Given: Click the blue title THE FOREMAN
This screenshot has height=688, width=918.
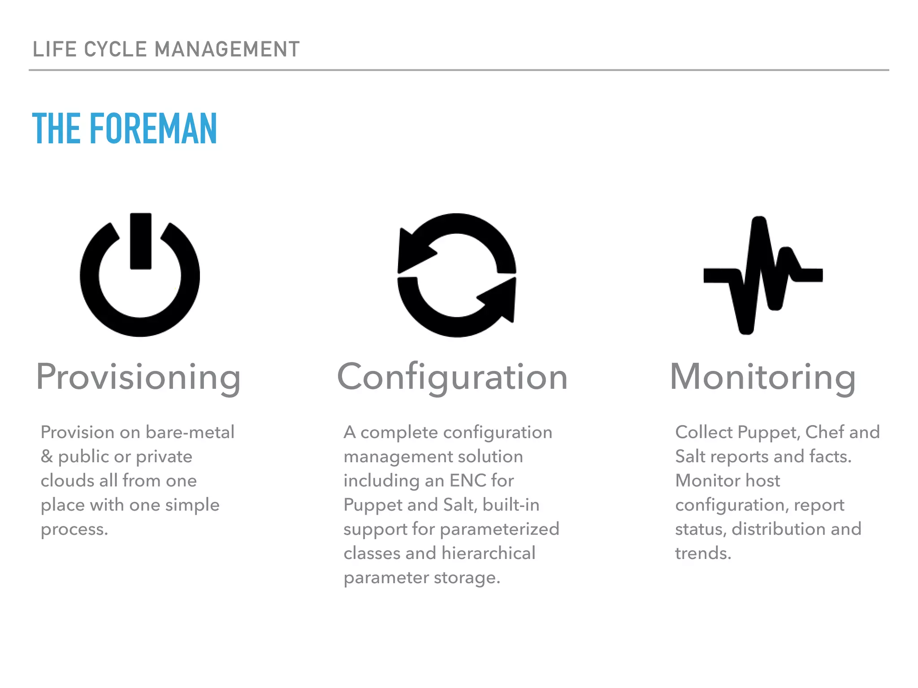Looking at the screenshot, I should click(125, 129).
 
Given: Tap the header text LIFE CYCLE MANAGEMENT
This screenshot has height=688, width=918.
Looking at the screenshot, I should click(166, 49).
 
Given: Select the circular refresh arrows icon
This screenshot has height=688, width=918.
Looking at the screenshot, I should click(457, 275).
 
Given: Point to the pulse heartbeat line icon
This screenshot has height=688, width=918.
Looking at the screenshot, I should click(763, 275).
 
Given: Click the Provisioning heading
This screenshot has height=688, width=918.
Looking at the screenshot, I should click(139, 378).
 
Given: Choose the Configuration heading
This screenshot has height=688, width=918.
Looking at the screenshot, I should click(452, 378).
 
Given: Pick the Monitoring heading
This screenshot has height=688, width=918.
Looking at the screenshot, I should click(762, 378).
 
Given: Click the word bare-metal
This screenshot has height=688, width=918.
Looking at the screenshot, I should click(190, 432).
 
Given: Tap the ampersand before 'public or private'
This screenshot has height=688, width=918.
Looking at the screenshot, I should click(47, 456).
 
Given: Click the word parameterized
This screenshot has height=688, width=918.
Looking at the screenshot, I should click(499, 529).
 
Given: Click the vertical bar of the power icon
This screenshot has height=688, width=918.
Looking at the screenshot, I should click(141, 241).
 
